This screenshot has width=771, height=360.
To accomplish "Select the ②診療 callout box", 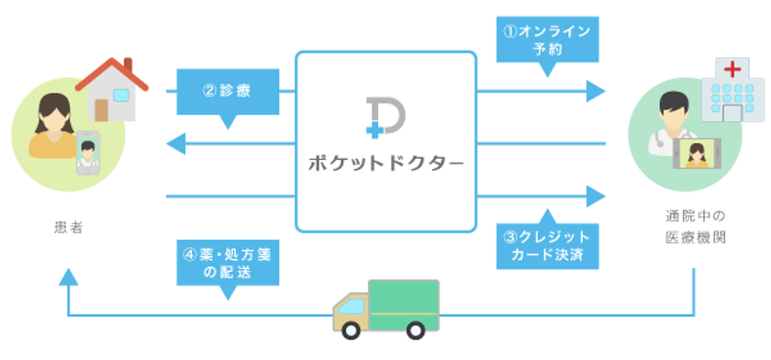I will [x=227, y=91].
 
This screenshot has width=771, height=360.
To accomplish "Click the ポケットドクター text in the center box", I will [x=385, y=166].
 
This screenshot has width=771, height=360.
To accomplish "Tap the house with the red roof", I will [x=113, y=87].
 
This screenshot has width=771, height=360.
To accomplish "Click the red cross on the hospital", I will [x=732, y=69].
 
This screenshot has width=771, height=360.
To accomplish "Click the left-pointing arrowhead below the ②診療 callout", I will [x=175, y=143].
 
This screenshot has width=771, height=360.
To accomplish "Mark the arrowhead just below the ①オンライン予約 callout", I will [x=596, y=91].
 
